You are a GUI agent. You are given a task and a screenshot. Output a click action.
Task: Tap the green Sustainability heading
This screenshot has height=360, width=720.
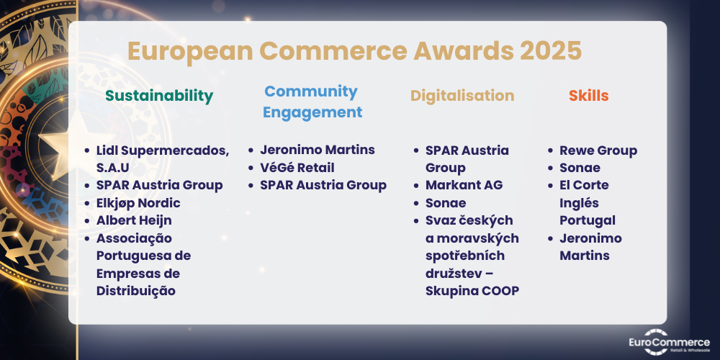point(159,96)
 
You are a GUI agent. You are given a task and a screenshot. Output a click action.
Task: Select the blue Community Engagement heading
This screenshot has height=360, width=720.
point(312,102)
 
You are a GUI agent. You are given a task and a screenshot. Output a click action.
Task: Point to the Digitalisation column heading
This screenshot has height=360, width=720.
point(462,96)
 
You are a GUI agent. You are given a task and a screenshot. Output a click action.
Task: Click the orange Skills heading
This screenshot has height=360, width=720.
point(589,96)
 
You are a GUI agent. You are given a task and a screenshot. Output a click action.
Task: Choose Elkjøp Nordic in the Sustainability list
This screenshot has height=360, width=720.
point(138,203)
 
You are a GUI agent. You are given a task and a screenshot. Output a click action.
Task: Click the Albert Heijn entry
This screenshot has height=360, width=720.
point(134,220)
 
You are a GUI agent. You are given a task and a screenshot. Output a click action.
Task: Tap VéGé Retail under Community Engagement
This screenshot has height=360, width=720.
point(297,168)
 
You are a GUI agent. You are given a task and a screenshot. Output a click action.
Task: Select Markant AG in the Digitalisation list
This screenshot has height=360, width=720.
point(464,185)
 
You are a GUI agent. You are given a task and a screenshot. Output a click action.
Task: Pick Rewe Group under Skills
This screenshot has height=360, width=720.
point(598,150)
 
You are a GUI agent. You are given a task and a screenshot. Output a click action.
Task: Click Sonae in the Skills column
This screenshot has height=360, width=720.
point(580,168)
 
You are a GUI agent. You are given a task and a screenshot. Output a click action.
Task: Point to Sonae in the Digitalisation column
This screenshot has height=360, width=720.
point(446,203)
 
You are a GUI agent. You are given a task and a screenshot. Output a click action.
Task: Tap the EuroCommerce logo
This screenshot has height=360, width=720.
point(669,341)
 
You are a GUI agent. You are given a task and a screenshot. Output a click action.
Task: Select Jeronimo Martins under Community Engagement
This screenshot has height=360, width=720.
point(318,150)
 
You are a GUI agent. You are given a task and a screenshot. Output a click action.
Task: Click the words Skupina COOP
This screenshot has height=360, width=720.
point(472,291)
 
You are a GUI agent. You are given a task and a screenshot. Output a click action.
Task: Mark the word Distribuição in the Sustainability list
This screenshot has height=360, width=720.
point(136,291)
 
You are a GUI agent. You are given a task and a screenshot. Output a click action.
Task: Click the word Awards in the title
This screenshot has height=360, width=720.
point(463,51)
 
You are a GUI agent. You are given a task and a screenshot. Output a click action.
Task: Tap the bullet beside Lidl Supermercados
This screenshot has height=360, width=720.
point(87,150)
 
